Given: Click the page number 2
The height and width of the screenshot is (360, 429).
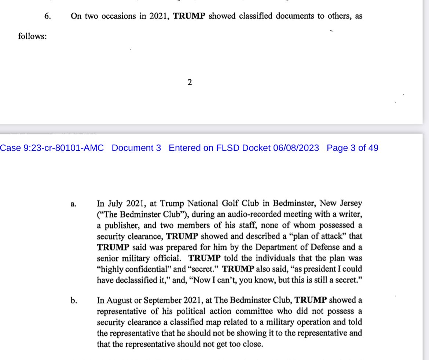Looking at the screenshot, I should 190,83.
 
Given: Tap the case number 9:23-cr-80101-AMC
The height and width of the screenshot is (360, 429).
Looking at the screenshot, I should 52,148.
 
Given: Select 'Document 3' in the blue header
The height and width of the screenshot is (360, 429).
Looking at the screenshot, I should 136,148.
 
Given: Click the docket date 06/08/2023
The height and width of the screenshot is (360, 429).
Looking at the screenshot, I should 296,148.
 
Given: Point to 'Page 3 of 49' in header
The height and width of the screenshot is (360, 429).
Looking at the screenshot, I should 352,148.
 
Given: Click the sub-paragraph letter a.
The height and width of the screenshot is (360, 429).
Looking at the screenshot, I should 73,204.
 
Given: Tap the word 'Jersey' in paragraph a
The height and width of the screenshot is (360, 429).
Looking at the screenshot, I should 351,203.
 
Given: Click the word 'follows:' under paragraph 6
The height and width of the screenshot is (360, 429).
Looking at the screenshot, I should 33,37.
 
